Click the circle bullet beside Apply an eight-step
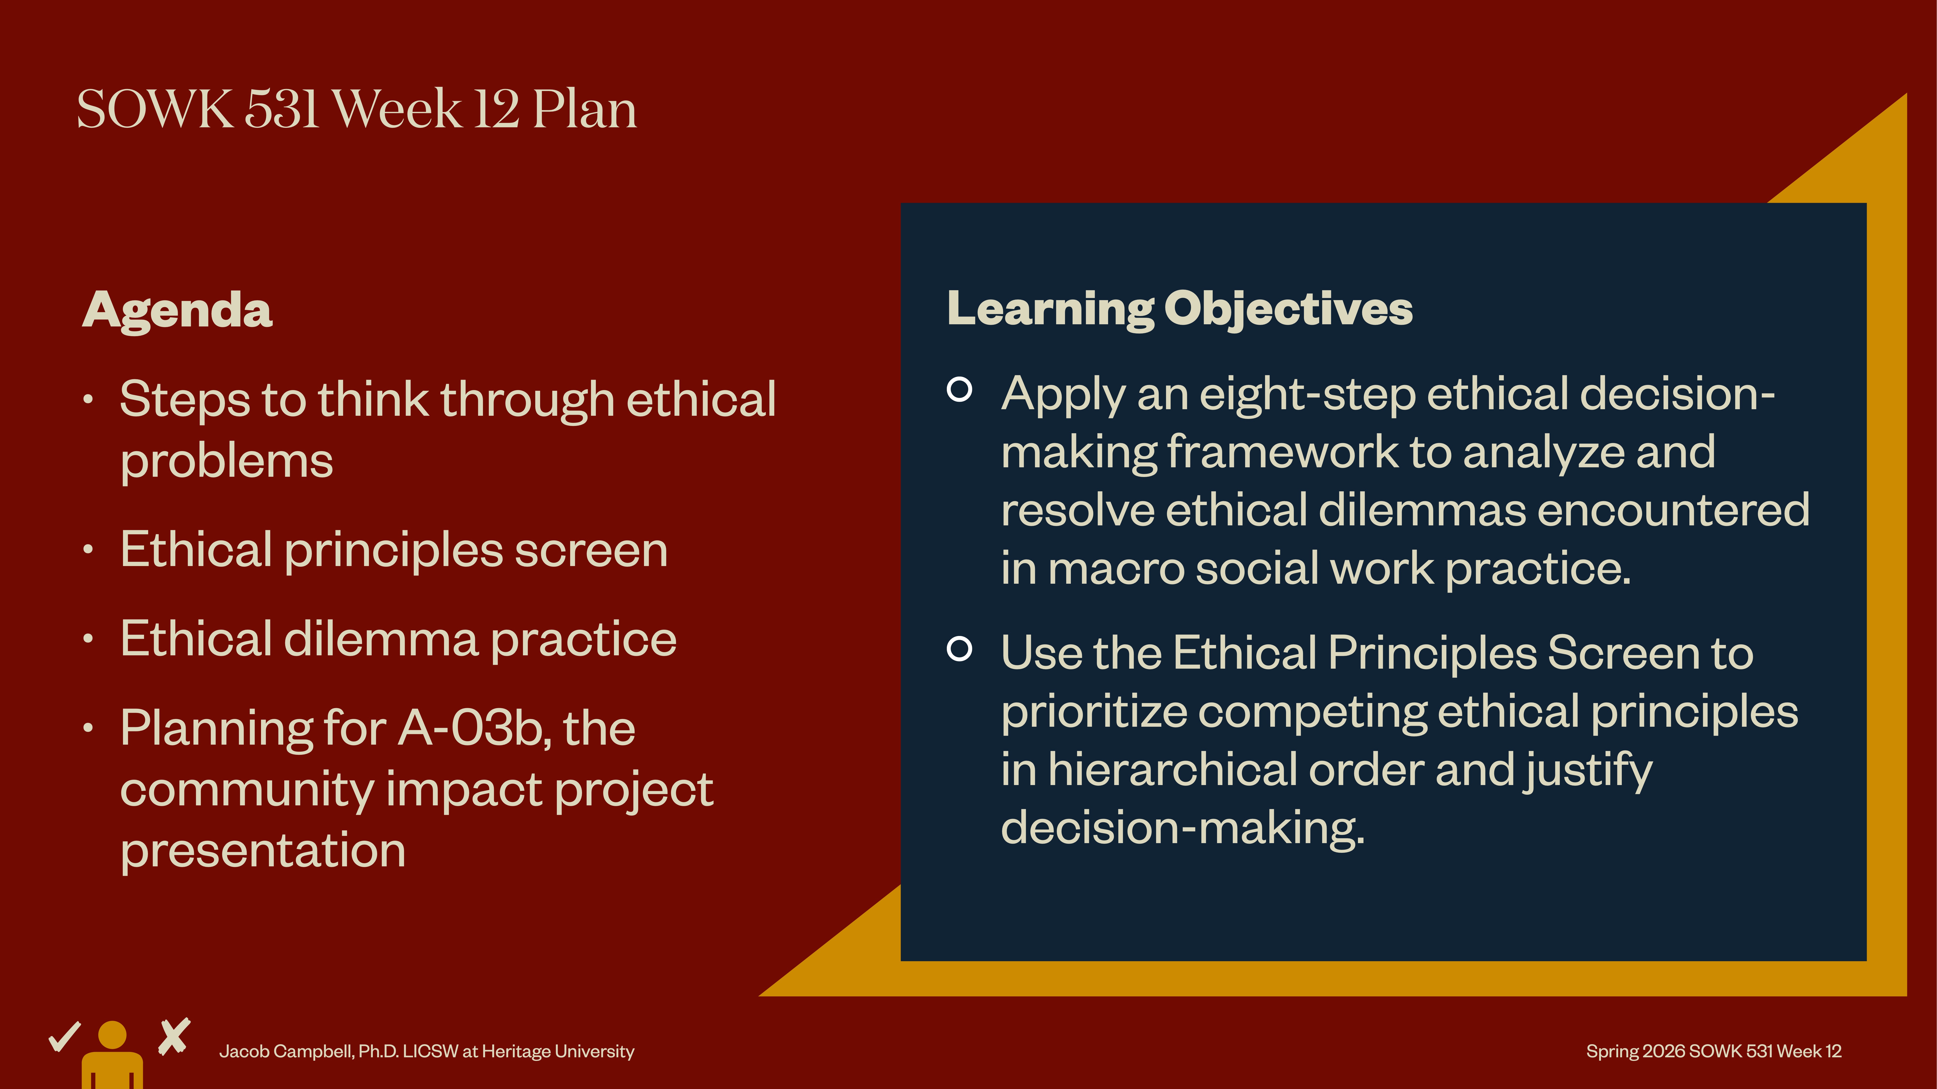pyautogui.click(x=959, y=389)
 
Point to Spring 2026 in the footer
pyautogui.click(x=1636, y=1051)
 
